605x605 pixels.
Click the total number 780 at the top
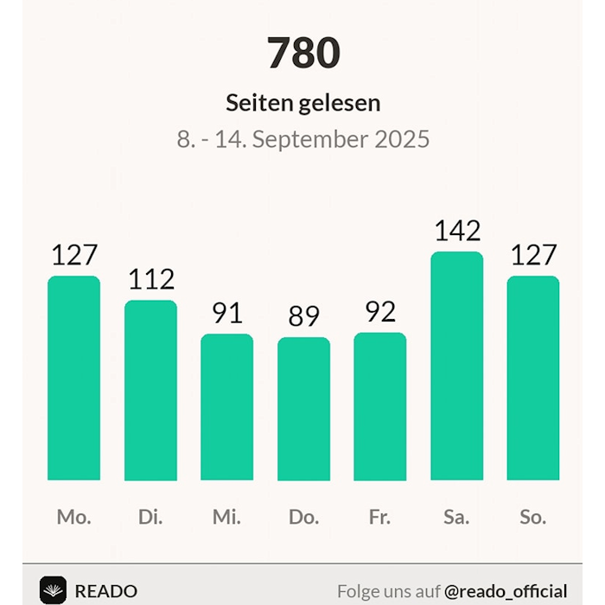pos(303,54)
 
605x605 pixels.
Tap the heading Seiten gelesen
pos(303,103)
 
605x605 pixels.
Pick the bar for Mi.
pos(226,407)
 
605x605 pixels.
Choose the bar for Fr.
pos(379,406)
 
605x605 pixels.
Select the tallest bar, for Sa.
pos(456,366)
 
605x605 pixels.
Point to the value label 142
pos(457,231)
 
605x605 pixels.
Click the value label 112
pos(151,279)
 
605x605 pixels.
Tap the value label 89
pos(303,316)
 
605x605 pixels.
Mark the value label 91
pos(227,313)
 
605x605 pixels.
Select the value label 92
pos(380,311)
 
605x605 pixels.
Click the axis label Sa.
pos(456,517)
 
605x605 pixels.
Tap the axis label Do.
pos(303,517)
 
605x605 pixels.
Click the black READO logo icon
pos(53,590)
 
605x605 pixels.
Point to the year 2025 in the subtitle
pos(402,139)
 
